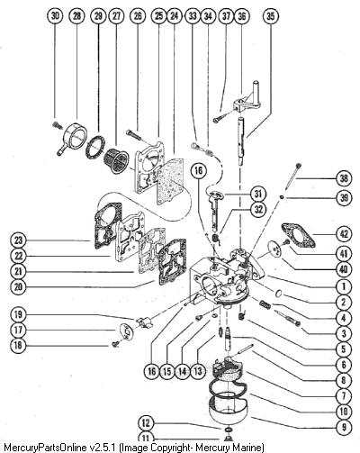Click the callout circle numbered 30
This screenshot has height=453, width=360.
(x=55, y=16)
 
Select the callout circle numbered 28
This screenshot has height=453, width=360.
(x=77, y=16)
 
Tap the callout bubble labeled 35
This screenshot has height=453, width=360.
(x=270, y=16)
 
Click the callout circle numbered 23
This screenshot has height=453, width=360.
(x=18, y=240)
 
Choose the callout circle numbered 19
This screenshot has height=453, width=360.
(x=18, y=314)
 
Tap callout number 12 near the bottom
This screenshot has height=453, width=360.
(x=146, y=423)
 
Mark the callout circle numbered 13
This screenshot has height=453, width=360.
(x=198, y=371)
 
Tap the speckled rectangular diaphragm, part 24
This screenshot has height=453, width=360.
(x=170, y=181)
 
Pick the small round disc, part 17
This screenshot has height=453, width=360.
(x=127, y=331)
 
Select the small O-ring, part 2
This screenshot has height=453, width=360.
(x=278, y=294)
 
